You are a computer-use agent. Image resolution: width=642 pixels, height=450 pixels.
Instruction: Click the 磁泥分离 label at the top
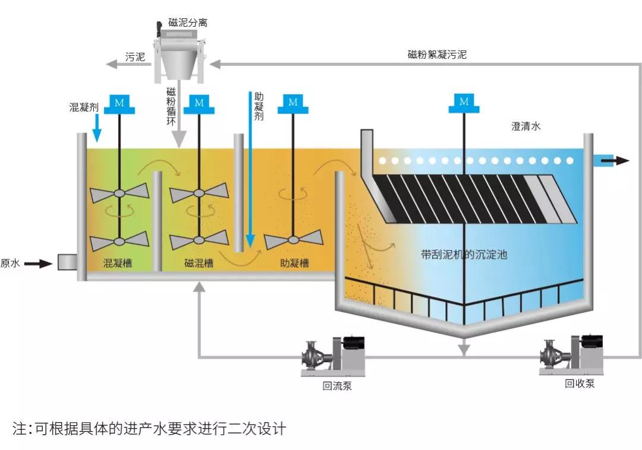(188, 23)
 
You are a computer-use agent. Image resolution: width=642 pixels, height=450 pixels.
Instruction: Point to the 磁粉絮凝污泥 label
(437, 55)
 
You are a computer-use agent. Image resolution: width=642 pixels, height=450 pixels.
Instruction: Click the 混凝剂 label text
(84, 107)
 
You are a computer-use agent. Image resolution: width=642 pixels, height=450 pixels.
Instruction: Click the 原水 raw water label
(10, 264)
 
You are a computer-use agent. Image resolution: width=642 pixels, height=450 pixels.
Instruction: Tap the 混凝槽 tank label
(118, 263)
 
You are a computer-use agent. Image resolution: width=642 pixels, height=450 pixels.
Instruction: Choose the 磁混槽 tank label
(199, 263)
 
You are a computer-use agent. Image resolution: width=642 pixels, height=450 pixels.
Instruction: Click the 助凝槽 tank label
(294, 263)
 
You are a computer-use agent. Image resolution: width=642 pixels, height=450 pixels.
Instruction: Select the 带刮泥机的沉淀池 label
(464, 255)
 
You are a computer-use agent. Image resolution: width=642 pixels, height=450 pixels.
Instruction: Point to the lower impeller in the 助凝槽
(293, 240)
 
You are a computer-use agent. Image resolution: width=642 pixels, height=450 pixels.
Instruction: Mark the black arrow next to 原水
(39, 264)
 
